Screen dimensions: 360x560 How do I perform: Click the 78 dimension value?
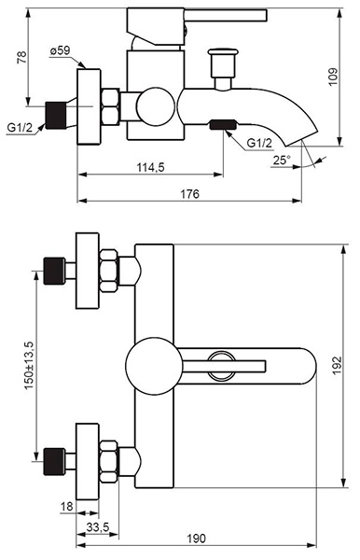click(x=22, y=57)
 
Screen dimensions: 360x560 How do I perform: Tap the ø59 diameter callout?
click(x=60, y=51)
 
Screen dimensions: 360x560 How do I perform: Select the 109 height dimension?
click(x=333, y=77)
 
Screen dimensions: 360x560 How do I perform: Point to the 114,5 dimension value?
click(x=150, y=167)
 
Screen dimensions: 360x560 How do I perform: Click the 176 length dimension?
click(x=189, y=194)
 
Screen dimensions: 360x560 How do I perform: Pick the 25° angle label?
click(x=282, y=160)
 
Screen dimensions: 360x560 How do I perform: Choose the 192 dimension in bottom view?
click(x=337, y=365)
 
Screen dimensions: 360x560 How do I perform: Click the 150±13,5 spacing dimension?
click(x=29, y=365)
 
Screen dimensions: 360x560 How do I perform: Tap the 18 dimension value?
click(x=67, y=506)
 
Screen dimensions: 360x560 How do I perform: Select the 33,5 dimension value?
click(x=97, y=526)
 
